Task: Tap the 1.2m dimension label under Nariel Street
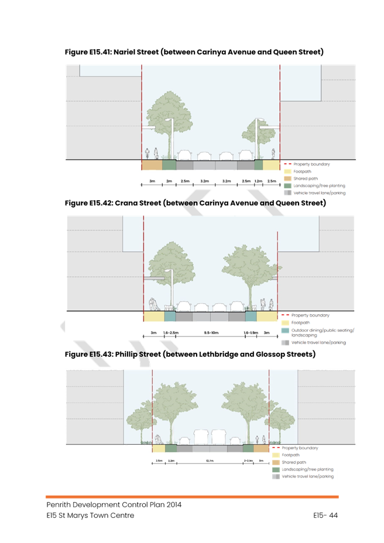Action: click(258, 181)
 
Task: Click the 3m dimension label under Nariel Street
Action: click(152, 181)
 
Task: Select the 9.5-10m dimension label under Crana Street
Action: click(210, 332)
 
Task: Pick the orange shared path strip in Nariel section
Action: click(152, 166)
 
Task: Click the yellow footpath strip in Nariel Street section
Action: click(271, 166)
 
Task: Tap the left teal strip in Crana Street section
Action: click(170, 317)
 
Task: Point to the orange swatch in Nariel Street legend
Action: click(287, 178)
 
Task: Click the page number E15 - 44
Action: click(325, 515)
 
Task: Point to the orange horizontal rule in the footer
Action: click(193, 497)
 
